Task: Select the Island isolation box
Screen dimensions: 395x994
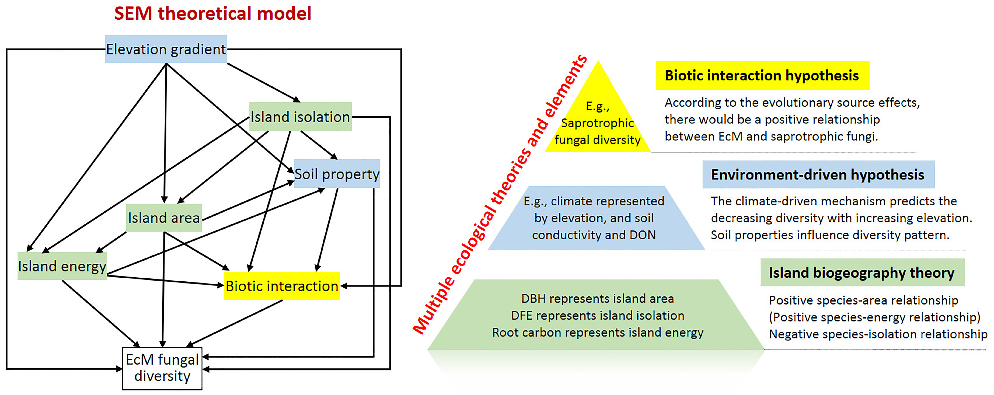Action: click(x=300, y=117)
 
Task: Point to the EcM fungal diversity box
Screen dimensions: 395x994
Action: click(x=162, y=368)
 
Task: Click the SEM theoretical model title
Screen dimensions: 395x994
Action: click(x=213, y=13)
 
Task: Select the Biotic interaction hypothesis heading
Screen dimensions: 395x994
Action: click(x=762, y=76)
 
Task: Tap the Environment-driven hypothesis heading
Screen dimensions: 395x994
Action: click(x=818, y=175)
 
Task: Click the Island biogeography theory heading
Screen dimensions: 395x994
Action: click(x=862, y=273)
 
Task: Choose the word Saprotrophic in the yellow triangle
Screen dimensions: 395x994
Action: click(x=597, y=123)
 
